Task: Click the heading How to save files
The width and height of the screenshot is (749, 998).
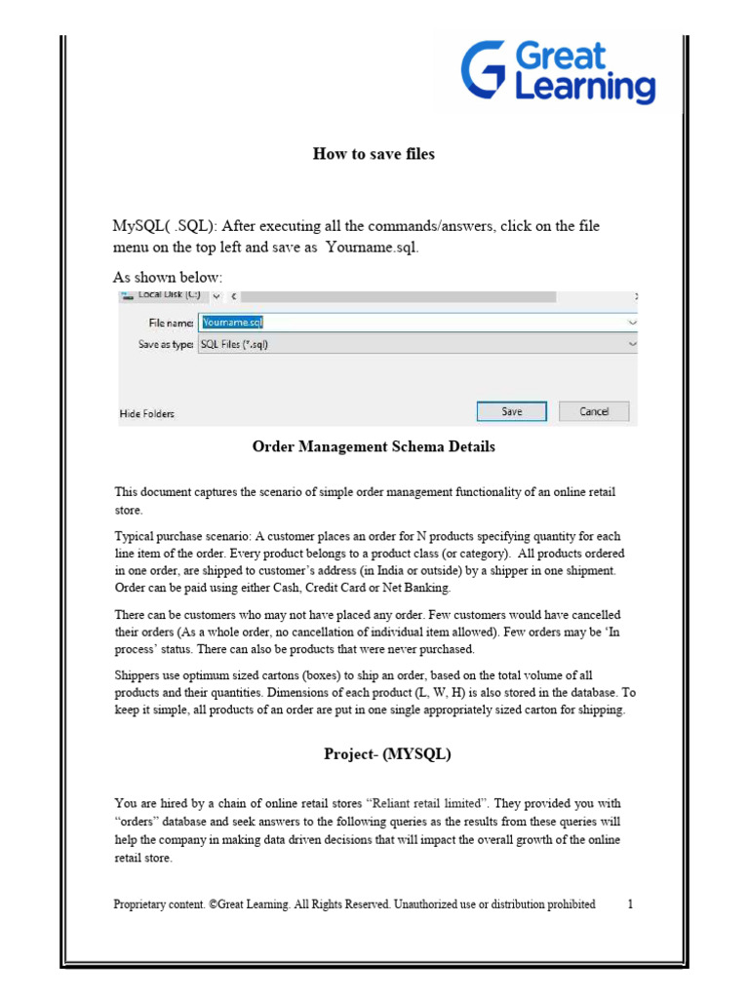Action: tap(374, 154)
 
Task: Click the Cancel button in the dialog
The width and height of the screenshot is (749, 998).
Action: tap(594, 411)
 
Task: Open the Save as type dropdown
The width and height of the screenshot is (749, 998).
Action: tap(632, 344)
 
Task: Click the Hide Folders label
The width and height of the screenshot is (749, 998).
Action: tap(147, 413)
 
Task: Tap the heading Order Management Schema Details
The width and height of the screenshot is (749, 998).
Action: tap(374, 447)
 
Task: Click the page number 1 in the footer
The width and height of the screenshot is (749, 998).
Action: tap(631, 904)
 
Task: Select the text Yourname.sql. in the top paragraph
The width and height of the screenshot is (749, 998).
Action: tap(373, 248)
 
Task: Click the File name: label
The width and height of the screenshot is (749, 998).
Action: tap(171, 323)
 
